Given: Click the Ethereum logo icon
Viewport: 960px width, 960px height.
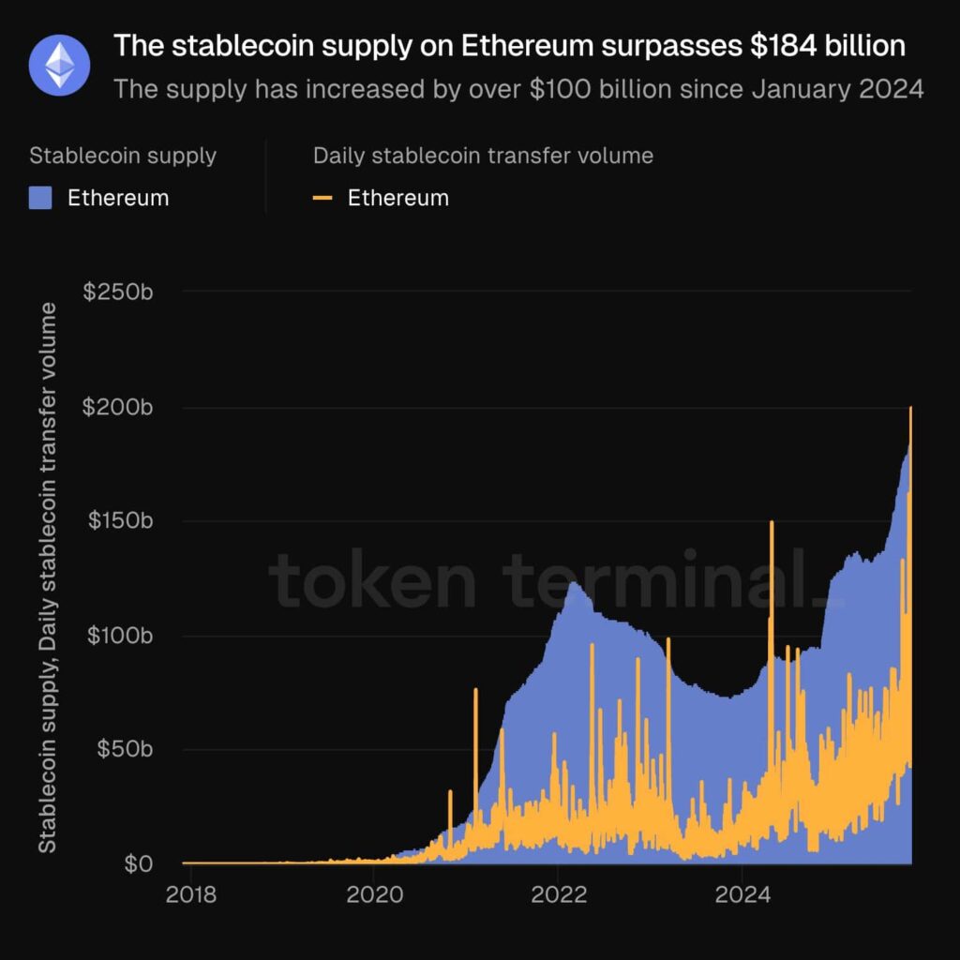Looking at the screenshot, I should pyautogui.click(x=59, y=65).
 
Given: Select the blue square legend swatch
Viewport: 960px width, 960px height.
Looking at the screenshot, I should pyautogui.click(x=40, y=198).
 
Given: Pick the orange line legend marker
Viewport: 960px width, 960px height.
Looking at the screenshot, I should pyautogui.click(x=323, y=198).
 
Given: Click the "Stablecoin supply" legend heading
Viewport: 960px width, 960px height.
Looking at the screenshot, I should pyautogui.click(x=123, y=156).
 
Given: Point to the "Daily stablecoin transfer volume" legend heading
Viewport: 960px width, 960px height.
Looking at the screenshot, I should pyautogui.click(x=483, y=156).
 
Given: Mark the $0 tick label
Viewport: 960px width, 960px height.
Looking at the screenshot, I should pyautogui.click(x=138, y=863).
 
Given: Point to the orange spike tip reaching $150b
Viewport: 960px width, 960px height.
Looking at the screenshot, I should pyautogui.click(x=772, y=522).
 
